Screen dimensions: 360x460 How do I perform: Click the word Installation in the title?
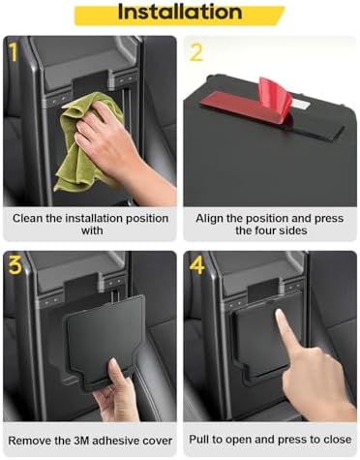click(180, 12)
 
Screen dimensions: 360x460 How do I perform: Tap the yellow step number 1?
click(14, 52)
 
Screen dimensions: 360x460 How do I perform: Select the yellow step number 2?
click(196, 52)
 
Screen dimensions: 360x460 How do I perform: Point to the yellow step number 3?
click(15, 265)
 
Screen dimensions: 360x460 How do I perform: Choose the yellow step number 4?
click(197, 265)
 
